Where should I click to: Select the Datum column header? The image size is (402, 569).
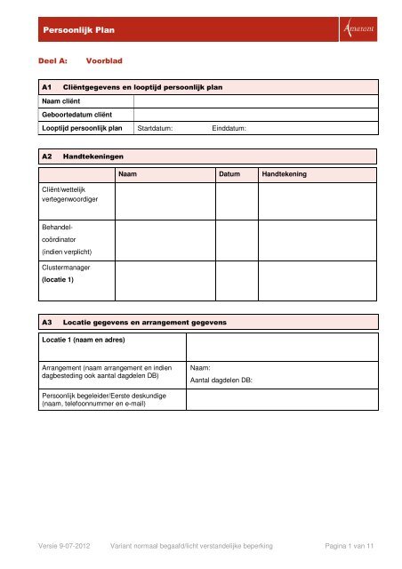click(229, 175)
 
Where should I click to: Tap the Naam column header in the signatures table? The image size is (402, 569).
click(127, 175)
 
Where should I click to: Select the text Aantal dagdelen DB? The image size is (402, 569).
click(221, 380)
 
